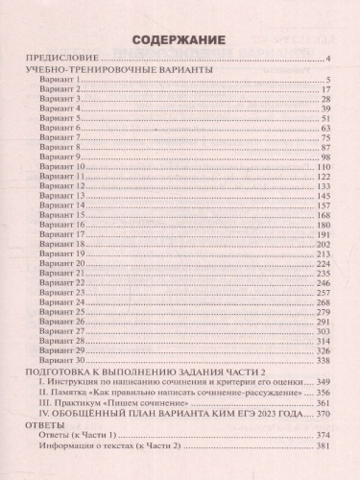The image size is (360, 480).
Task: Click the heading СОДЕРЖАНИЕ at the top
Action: tap(180, 41)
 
